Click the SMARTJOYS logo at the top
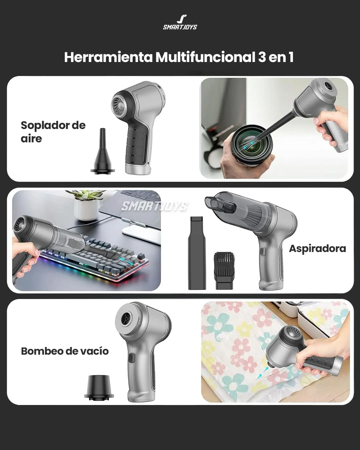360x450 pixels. coord(180,22)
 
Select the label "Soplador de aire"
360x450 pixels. coord(53,132)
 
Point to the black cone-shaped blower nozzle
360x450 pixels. coord(102,151)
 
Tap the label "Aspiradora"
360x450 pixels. coord(318,248)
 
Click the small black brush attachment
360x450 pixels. coord(224,271)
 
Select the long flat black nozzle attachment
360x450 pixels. coord(197,253)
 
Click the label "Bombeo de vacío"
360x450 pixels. coord(65,351)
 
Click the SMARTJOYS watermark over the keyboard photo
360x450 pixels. coord(154,206)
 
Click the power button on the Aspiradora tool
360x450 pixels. coord(263,251)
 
